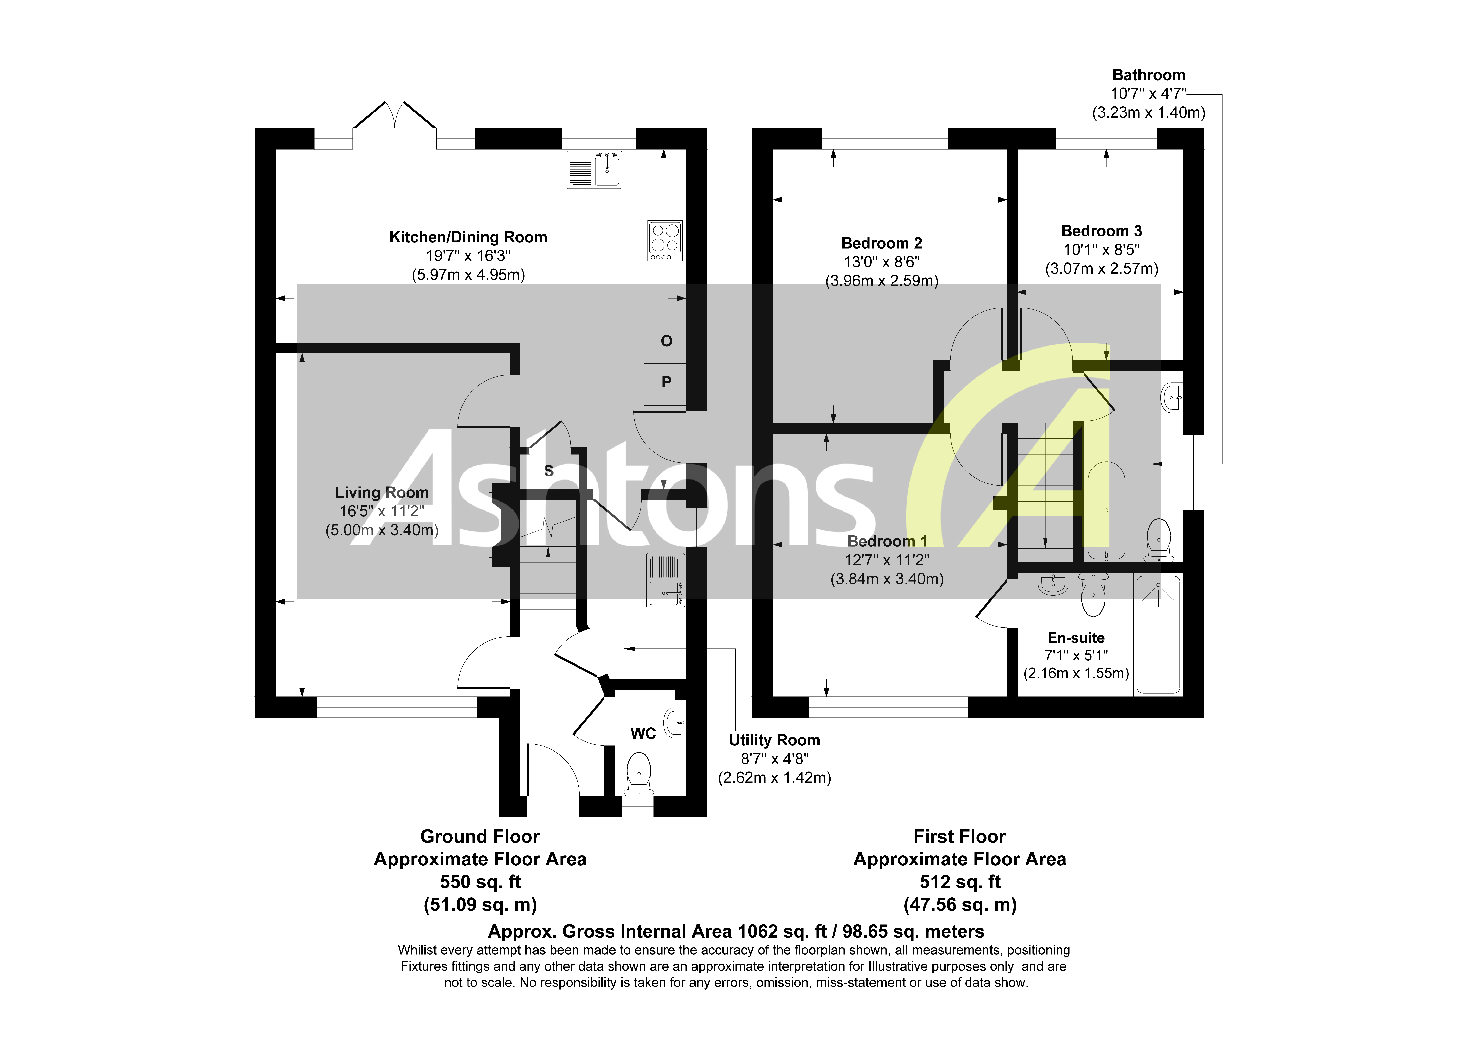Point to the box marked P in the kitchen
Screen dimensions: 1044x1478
click(666, 382)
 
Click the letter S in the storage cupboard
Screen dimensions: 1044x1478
click(548, 470)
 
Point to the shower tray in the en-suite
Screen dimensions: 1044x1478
click(1158, 634)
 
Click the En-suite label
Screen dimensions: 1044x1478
click(1076, 638)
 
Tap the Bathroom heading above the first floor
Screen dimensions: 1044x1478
click(1148, 75)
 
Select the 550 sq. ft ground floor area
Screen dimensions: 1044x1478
click(480, 882)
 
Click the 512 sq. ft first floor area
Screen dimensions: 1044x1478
click(960, 882)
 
